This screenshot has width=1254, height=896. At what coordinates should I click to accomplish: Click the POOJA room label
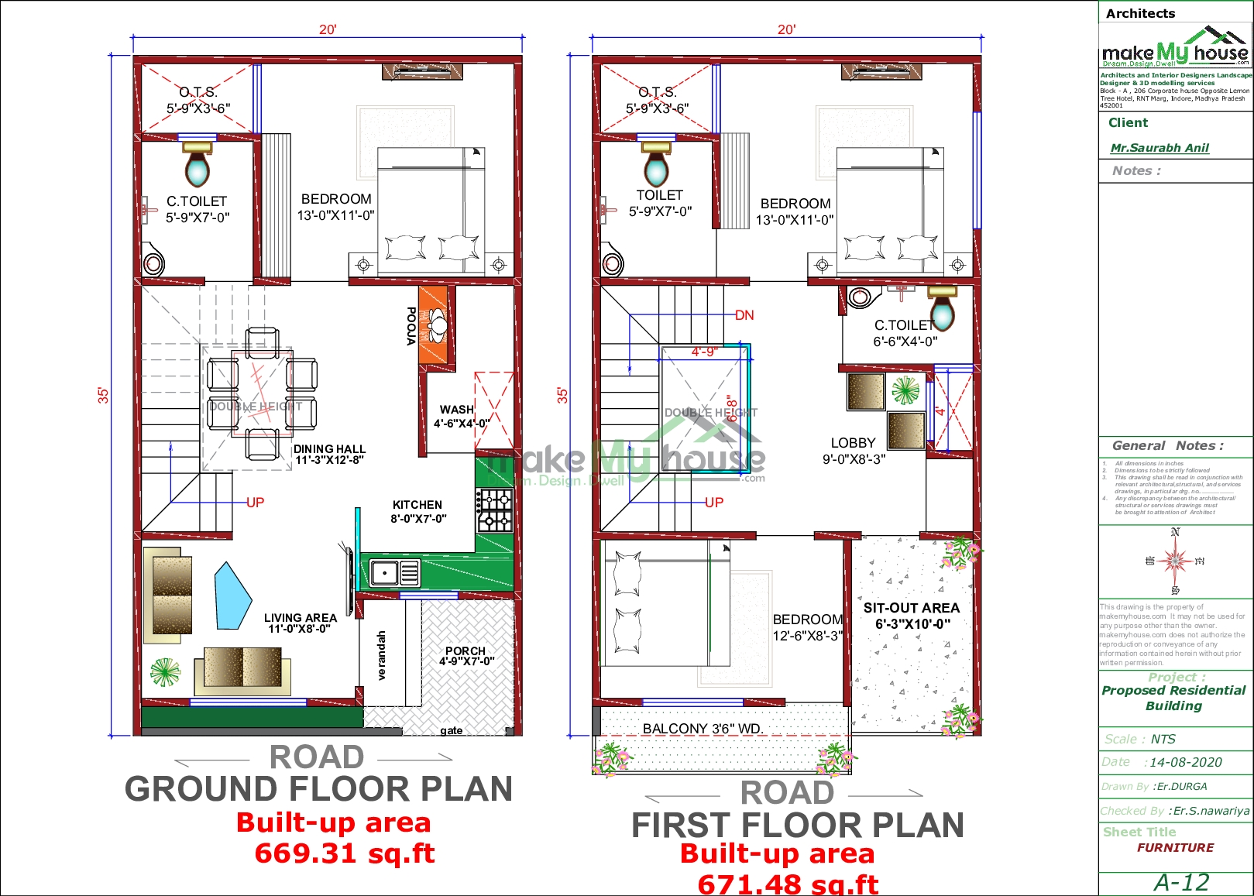click(411, 326)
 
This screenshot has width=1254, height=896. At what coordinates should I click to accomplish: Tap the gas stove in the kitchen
click(494, 510)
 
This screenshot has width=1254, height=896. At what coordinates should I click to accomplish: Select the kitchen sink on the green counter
click(385, 573)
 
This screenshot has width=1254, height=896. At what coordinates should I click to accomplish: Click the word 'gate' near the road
click(452, 730)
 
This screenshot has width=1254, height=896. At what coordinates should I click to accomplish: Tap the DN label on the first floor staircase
click(744, 315)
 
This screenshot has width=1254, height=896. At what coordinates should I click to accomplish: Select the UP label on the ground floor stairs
click(255, 503)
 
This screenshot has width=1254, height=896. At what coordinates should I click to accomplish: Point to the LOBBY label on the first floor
click(853, 443)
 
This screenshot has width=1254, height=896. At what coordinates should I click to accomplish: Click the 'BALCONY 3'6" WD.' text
click(703, 729)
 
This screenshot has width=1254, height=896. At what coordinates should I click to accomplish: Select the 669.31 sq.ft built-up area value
click(344, 853)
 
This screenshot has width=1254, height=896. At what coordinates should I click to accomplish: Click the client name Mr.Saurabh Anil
click(1160, 148)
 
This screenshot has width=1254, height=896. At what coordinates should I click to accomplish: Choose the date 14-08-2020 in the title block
click(1185, 762)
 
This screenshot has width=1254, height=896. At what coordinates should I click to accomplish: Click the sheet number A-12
click(1180, 882)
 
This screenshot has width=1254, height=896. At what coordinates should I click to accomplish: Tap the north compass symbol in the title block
click(1176, 560)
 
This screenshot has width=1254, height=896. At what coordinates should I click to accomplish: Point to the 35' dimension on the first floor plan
click(563, 395)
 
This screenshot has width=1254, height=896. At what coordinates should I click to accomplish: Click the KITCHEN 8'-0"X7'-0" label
click(418, 512)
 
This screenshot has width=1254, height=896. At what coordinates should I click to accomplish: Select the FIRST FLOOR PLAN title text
click(797, 826)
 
